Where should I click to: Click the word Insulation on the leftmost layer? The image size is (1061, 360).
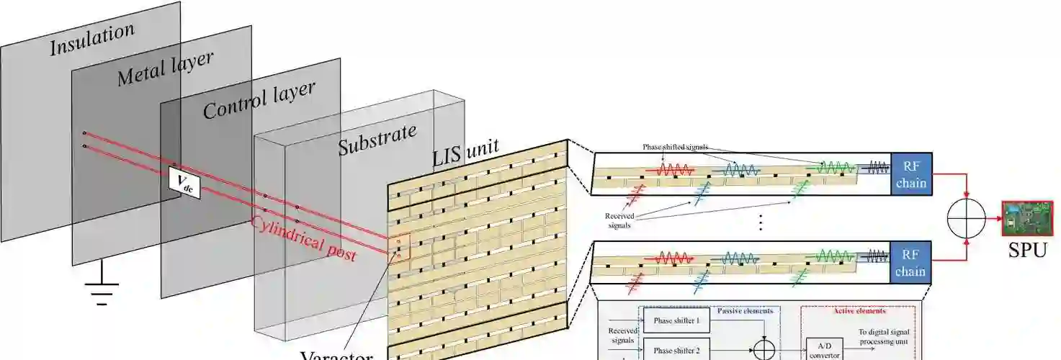pyautogui.click(x=91, y=39)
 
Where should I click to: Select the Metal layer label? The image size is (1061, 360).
pyautogui.click(x=165, y=68)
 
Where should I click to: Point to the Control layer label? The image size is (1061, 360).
pyautogui.click(x=259, y=100)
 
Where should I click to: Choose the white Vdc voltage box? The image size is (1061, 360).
pyautogui.click(x=184, y=184)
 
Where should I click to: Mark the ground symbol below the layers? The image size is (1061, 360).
pyautogui.click(x=102, y=289)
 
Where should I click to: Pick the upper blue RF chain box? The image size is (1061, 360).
pyautogui.click(x=910, y=174)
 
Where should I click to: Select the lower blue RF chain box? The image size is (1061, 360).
pyautogui.click(x=910, y=263)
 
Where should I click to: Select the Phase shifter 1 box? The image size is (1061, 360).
pyautogui.click(x=676, y=320)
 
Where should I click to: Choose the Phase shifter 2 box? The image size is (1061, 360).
pyautogui.click(x=676, y=350)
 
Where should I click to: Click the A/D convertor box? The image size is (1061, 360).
pyautogui.click(x=825, y=349)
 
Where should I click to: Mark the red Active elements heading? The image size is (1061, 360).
pyautogui.click(x=859, y=311)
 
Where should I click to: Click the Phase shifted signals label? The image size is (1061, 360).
pyautogui.click(x=680, y=146)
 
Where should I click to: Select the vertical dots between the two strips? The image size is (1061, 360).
pyautogui.click(x=760, y=223)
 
